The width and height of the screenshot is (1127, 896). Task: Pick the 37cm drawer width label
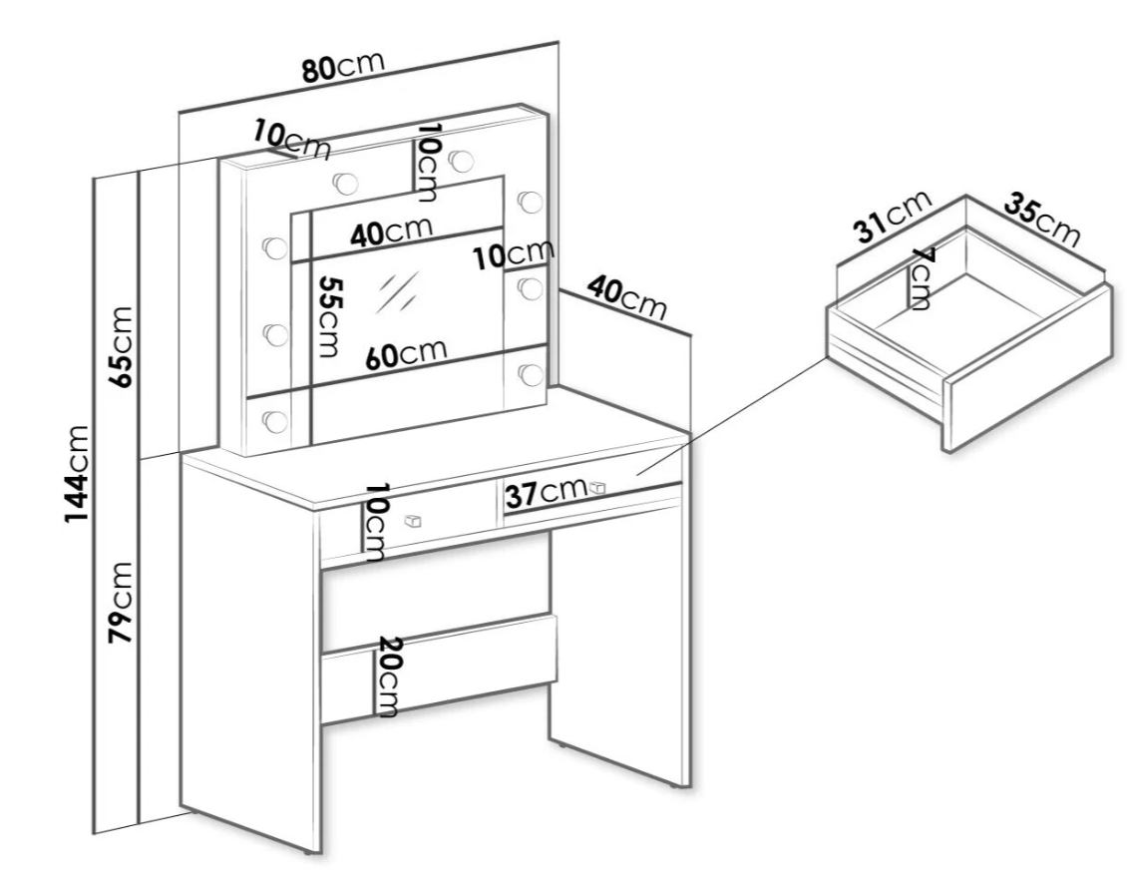pos(545,493)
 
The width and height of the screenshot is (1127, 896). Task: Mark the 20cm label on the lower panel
pos(387,676)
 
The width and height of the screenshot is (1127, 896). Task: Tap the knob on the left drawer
pos(412,520)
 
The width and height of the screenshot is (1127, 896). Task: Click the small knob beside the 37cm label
pos(597,487)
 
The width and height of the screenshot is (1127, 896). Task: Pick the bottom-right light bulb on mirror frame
pos(531,373)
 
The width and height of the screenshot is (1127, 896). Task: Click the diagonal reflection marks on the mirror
pos(397,291)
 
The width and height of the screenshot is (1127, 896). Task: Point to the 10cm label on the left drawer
pos(374,523)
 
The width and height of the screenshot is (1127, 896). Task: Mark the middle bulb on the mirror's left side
pos(271,331)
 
